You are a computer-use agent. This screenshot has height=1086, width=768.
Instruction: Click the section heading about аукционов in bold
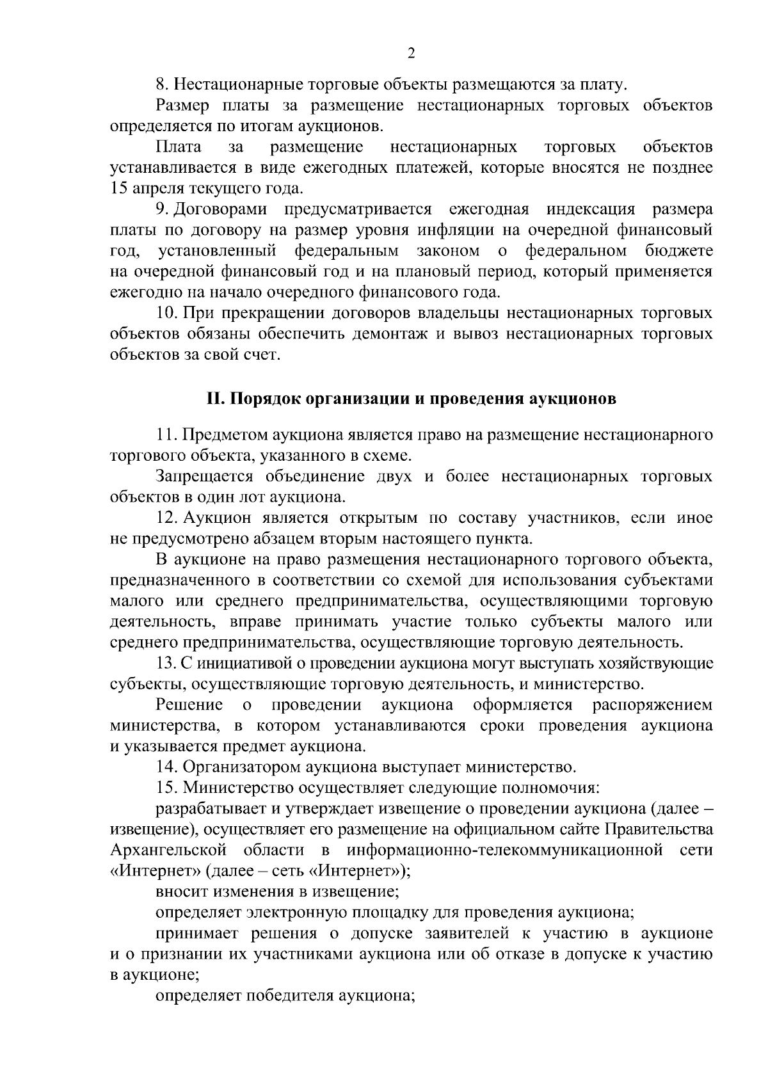coord(411,399)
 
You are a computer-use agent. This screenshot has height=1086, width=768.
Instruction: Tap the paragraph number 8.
coord(161,84)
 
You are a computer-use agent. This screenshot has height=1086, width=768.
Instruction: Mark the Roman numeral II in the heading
coord(213,399)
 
